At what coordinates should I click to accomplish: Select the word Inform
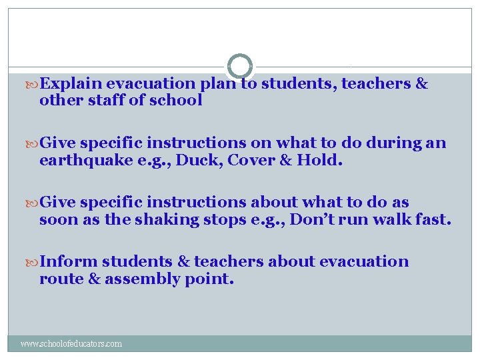(x=69, y=261)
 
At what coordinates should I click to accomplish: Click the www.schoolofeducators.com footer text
(x=71, y=344)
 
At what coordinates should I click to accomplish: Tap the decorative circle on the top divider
(x=240, y=67)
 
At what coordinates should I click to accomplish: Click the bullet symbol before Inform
(x=33, y=262)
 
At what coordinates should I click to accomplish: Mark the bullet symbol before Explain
(x=33, y=84)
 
